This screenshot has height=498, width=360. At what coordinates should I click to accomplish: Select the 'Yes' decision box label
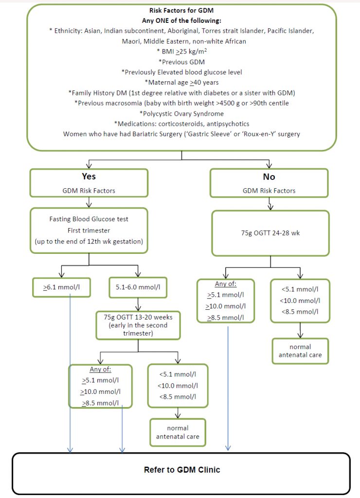coord(89,177)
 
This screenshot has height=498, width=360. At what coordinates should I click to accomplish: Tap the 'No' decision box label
coord(269,177)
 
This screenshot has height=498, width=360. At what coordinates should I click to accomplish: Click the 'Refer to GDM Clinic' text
coord(182,470)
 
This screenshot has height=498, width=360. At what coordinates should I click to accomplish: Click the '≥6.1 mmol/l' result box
coord(62,287)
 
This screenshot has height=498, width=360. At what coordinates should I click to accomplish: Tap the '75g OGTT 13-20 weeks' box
coord(138,321)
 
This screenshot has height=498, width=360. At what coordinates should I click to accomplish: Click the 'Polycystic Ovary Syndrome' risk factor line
coord(181,113)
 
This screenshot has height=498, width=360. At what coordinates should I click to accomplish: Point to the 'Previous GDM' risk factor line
coord(181,62)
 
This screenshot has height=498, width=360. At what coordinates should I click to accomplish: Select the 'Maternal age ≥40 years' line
coord(181,82)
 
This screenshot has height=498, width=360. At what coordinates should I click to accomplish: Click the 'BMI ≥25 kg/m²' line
coord(181,51)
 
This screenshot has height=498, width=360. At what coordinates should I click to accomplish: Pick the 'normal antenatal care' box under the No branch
coord(300,351)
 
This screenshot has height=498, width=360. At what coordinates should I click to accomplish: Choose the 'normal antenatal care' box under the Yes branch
coord(178,432)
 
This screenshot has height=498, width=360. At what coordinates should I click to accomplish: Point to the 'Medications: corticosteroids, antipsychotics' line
coord(181,124)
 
